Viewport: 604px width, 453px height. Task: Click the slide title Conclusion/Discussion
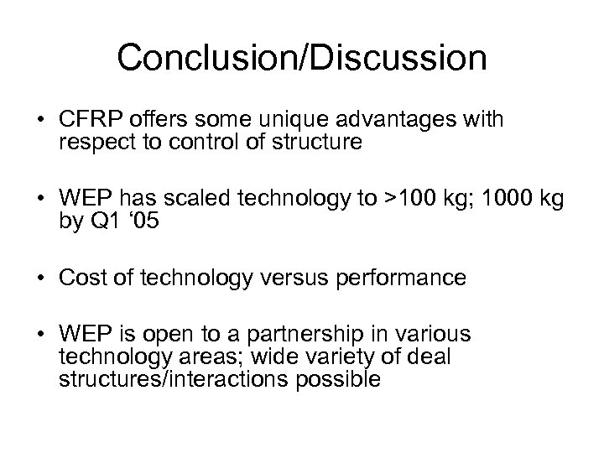pyautogui.click(x=302, y=58)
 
